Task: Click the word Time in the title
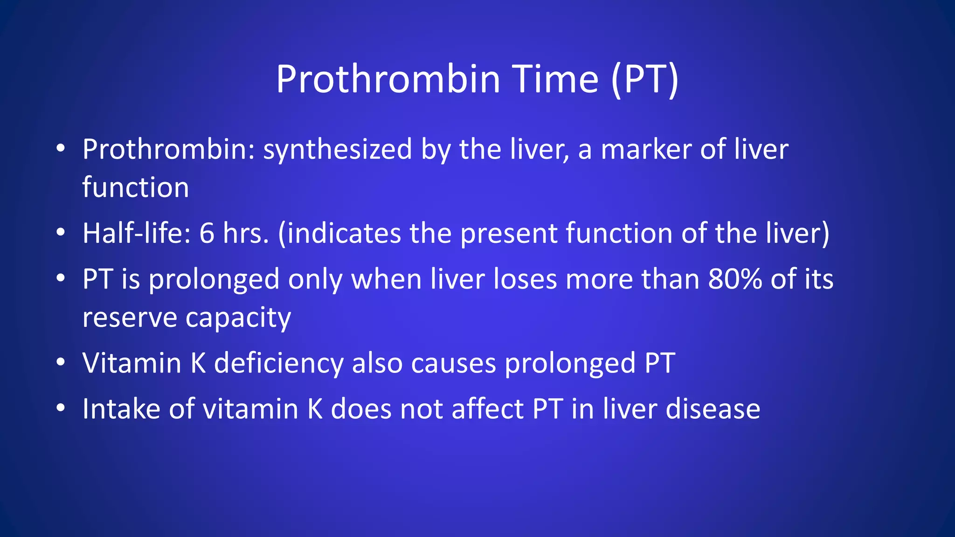coord(555,79)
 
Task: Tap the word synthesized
coord(338,150)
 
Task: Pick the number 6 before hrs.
coord(207,233)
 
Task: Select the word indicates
coord(344,233)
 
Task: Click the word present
coord(508,234)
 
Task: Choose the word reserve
coord(130,318)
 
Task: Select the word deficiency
coord(278,364)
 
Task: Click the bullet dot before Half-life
coord(60,232)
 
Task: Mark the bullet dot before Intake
coord(60,408)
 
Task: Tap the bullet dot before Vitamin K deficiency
coord(60,362)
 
